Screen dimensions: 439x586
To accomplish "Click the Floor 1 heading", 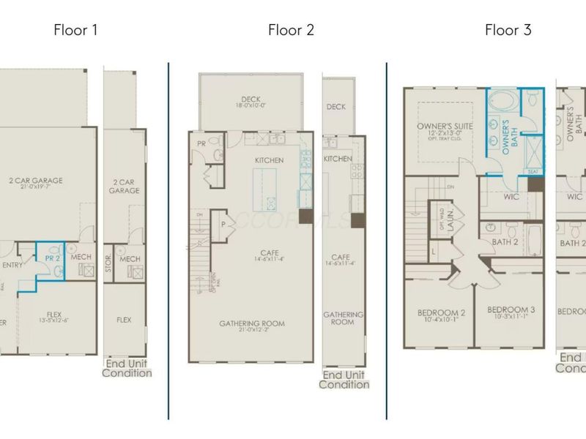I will tap(75, 30).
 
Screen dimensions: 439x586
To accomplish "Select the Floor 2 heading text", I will tap(291, 30).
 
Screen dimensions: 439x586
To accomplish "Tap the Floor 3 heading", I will tap(508, 30).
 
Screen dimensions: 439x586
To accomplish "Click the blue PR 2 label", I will tap(51, 258).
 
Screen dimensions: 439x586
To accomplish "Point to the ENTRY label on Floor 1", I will tap(12, 265).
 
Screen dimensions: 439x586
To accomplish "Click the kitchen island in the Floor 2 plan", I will tap(266, 187).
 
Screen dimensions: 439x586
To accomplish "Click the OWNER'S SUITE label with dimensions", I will tap(445, 130).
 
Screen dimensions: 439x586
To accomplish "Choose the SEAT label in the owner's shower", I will tap(532, 171).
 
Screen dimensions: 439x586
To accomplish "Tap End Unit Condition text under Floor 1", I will tap(127, 368).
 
